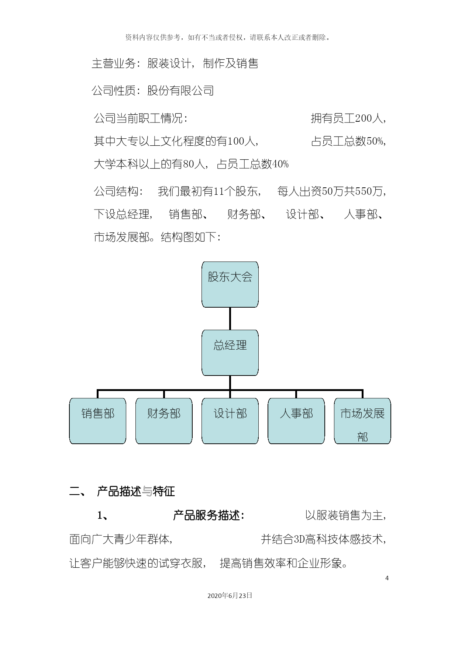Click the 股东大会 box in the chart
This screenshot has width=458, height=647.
(x=230, y=284)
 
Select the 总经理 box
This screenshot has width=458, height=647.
(x=230, y=353)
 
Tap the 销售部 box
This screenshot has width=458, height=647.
(x=98, y=421)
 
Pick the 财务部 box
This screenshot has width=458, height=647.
(x=164, y=421)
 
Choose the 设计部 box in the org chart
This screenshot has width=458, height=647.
(x=230, y=421)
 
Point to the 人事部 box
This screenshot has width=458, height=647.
(x=296, y=421)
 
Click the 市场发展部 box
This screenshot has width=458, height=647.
(x=362, y=421)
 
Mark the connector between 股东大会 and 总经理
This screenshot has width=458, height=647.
(x=230, y=319)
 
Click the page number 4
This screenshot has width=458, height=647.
(x=387, y=578)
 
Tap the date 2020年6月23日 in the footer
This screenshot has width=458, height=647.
(x=230, y=595)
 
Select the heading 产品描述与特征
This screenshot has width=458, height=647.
(x=136, y=491)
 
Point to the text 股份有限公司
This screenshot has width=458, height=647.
(x=180, y=90)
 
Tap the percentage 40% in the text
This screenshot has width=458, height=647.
(x=280, y=164)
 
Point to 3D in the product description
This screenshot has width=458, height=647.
(x=299, y=539)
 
